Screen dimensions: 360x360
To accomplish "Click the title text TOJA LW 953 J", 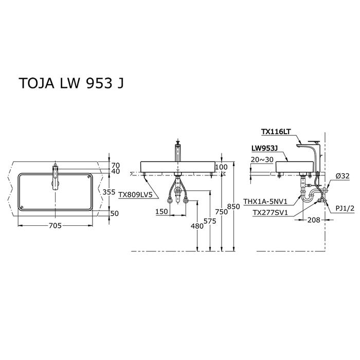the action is click(71, 83).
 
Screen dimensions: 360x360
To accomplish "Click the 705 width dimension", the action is click(56, 226).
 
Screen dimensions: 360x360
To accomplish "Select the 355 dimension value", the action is click(109, 192).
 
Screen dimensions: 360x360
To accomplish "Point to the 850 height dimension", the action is click(233, 206).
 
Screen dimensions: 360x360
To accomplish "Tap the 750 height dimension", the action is click(221, 212).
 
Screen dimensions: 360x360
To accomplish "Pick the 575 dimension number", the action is click(210, 221).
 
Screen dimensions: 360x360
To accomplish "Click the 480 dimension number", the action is click(197, 226).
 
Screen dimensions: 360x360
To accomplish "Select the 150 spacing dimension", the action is click(161, 211).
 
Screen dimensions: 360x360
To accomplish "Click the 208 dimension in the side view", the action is click(314, 220).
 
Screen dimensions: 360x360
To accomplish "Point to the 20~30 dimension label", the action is click(262, 159).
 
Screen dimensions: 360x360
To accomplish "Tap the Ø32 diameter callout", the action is click(343, 176).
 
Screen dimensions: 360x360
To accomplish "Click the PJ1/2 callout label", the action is click(345, 208).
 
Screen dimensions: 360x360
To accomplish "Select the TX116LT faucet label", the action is click(276, 132).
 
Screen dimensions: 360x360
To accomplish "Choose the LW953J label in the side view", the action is click(265, 148).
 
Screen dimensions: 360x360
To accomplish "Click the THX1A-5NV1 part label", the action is click(265, 202).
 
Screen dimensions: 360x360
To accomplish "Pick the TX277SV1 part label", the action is click(270, 213).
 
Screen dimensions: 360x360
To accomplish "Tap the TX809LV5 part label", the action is click(135, 195).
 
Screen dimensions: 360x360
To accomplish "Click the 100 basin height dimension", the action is click(222, 167).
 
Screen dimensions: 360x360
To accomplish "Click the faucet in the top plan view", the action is click(56, 177).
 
